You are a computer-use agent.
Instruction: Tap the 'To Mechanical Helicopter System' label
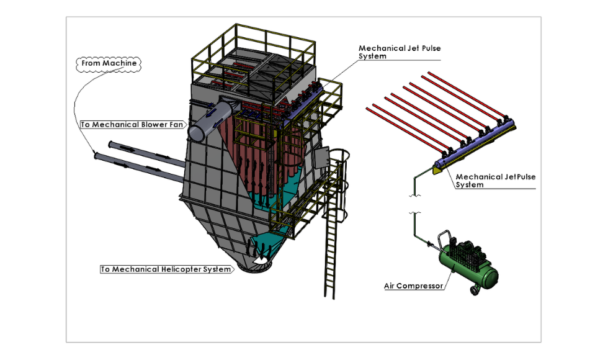(166, 269)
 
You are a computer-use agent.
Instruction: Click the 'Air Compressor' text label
(413, 286)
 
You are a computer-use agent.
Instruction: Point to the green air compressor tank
(472, 267)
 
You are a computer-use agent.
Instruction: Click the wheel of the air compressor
(476, 290)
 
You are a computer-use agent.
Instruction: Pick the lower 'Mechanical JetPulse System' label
(495, 181)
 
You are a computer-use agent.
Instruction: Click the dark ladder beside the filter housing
(332, 248)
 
